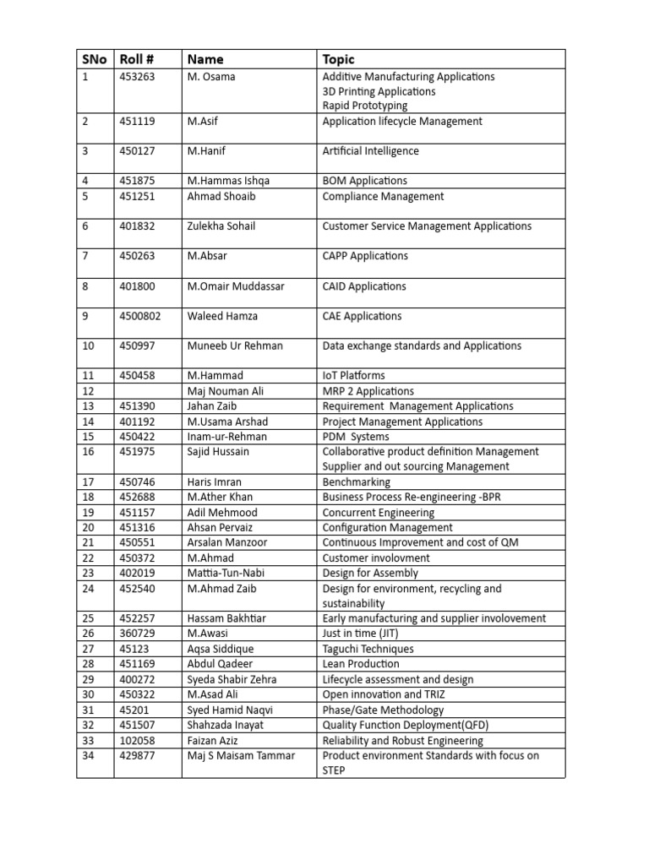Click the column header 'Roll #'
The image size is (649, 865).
coord(138,59)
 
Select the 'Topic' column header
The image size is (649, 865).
coord(339,59)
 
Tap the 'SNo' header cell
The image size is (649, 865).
coord(95,59)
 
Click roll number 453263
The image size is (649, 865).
coord(137,77)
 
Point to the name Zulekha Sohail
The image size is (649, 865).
coord(221,226)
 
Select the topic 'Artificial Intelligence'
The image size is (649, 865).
coord(370,151)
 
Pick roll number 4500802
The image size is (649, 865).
coord(140,316)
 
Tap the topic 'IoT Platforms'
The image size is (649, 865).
coord(353,375)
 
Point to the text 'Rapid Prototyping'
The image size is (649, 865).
coord(364,106)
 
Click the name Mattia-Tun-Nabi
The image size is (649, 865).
coord(225,574)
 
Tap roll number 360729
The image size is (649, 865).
coord(137,634)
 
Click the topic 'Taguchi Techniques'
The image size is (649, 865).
coord(368,649)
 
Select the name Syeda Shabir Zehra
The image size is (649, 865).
coord(232,679)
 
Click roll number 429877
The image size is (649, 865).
coord(137,755)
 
